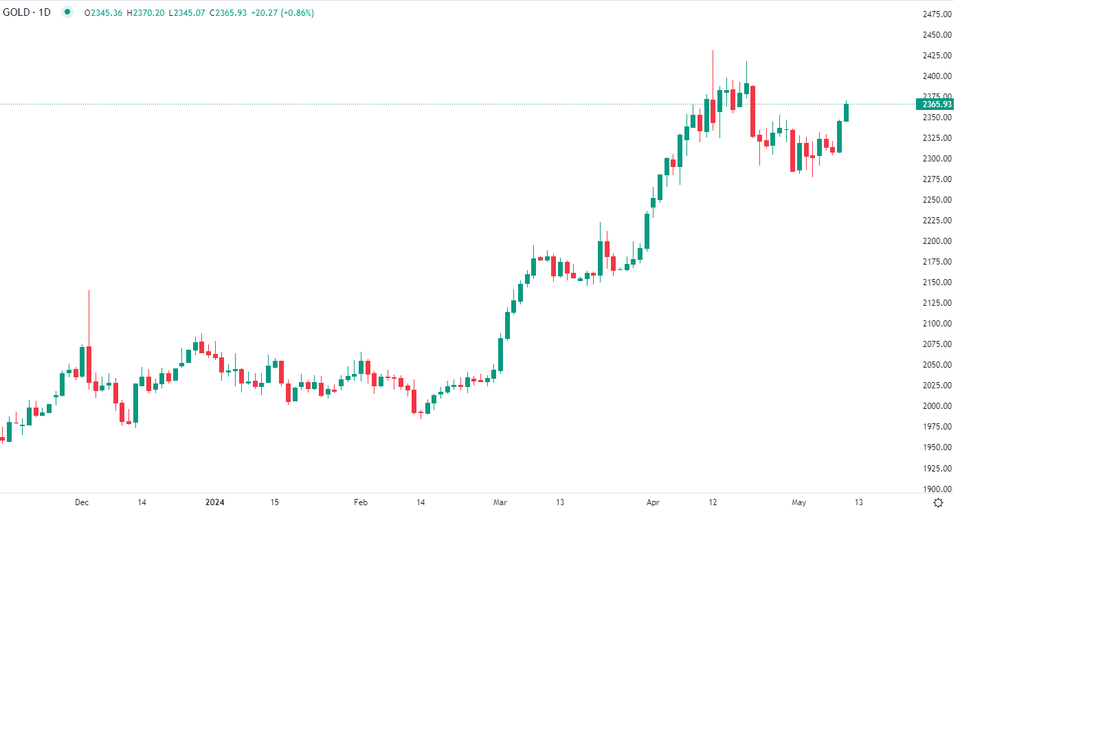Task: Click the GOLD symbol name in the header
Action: [x=16, y=12]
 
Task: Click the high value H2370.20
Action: [x=146, y=13]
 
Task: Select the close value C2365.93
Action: [x=228, y=13]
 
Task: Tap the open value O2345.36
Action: [x=103, y=13]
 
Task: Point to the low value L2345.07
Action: [x=187, y=13]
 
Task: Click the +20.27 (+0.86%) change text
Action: [x=283, y=13]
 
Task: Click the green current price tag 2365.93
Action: [x=936, y=104]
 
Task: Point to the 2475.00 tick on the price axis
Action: [x=937, y=14]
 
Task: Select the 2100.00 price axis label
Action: [x=937, y=324]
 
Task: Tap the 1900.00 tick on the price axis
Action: [x=937, y=489]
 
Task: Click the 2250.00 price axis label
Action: [x=937, y=200]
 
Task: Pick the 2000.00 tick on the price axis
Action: [x=937, y=406]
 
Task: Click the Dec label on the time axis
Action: [x=82, y=502]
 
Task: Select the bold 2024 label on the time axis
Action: [x=215, y=502]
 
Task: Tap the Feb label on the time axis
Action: [x=361, y=502]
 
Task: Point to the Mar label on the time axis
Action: [x=500, y=502]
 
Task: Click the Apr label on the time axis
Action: [x=653, y=502]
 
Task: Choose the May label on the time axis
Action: [x=798, y=502]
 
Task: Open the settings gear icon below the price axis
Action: [x=938, y=503]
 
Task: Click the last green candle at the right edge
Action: [x=847, y=113]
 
